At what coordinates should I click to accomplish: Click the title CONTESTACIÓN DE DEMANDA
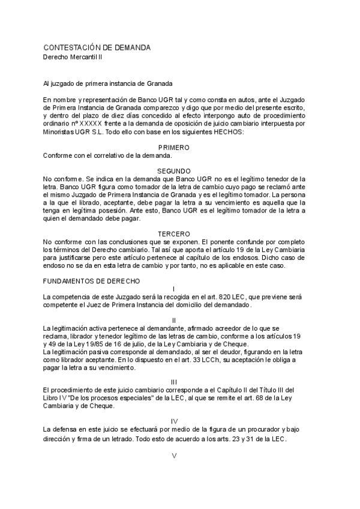point(96,47)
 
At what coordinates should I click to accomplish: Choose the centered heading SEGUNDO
point(173,170)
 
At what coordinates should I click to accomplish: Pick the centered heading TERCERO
point(173,233)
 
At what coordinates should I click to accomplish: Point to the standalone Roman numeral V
point(174,456)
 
